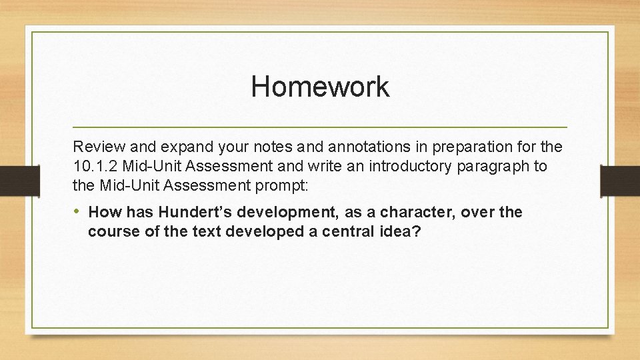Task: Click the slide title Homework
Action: point(320,87)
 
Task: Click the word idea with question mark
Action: point(399,231)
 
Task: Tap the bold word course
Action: point(111,231)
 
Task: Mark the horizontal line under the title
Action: point(320,127)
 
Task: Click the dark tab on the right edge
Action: point(620,179)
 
